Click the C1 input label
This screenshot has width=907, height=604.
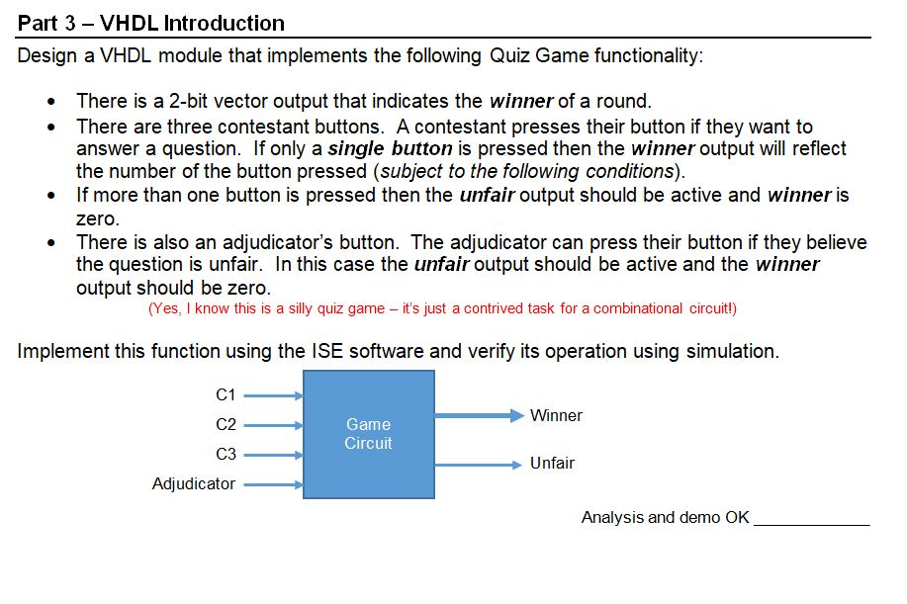(226, 394)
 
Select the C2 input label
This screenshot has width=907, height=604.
(226, 424)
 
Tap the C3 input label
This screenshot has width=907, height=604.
(226, 454)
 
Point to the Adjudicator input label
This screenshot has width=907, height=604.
(194, 483)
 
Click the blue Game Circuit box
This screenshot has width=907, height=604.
(368, 434)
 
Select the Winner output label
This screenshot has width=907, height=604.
(556, 415)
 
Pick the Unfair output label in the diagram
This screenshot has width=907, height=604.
(552, 463)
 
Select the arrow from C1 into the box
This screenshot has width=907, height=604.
(273, 395)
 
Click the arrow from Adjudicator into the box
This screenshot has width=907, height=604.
(273, 484)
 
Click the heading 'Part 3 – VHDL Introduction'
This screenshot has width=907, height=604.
(151, 23)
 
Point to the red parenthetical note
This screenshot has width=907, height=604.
(442, 308)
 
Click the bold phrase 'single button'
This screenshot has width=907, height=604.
(390, 149)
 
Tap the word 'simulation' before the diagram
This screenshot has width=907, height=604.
(733, 351)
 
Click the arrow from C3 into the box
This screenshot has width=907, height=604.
(273, 455)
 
